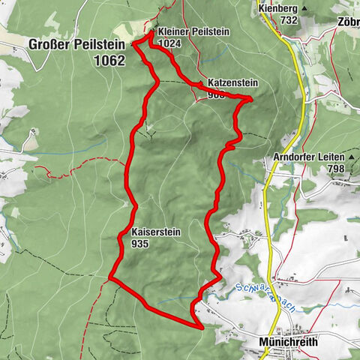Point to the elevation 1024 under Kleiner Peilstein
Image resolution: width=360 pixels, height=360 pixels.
click(x=170, y=43)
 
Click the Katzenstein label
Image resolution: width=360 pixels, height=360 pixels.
click(x=224, y=84)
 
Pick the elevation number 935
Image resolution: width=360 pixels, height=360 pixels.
click(x=140, y=244)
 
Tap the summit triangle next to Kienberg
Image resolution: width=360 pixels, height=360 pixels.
click(x=303, y=8)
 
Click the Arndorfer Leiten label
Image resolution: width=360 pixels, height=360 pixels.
click(x=308, y=157)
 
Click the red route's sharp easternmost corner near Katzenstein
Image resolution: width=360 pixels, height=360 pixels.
click(x=250, y=98)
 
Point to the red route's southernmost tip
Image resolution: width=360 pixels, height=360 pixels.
click(x=202, y=327)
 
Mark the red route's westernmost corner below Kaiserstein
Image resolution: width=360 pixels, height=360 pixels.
click(x=111, y=278)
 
